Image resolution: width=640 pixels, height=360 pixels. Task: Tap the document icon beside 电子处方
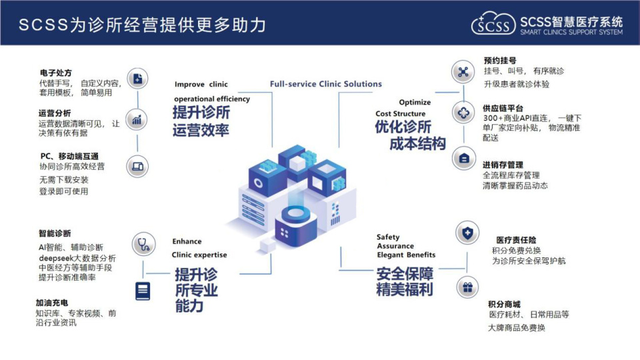coord(137,79)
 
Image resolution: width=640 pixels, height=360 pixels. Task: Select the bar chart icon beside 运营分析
coord(137,119)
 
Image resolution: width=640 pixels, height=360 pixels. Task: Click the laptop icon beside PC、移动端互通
coord(137,166)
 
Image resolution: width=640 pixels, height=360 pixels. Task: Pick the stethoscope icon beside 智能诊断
coord(143,244)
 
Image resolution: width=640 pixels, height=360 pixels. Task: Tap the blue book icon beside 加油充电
coord(143,291)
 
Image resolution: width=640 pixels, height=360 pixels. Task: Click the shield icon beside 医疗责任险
coord(467,233)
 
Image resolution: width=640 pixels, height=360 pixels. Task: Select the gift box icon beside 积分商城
coord(467,287)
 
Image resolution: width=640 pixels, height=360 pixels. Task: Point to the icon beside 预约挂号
coord(463,72)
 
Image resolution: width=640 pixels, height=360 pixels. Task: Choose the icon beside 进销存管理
coord(464,159)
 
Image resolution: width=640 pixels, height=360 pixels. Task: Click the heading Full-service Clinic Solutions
coord(326,84)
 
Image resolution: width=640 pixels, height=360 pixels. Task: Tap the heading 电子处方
coord(55,73)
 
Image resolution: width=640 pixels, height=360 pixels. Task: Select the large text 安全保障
coord(405,273)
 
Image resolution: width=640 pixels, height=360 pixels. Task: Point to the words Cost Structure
coord(401,113)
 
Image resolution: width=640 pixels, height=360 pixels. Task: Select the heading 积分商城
coord(504,304)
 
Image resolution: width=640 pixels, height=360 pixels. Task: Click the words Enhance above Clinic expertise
coord(187,241)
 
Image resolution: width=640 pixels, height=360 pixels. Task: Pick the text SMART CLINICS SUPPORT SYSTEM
coord(571,32)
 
